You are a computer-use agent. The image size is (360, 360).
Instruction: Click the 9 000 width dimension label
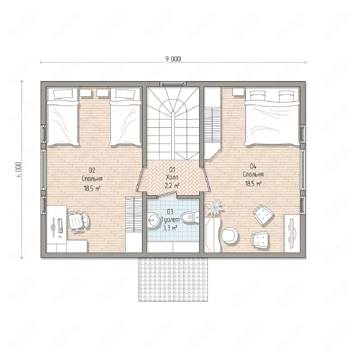tap(173, 59)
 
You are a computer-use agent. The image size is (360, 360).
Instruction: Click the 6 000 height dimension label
tap(19, 169)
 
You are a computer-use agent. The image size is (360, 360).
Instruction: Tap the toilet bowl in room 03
tap(189, 217)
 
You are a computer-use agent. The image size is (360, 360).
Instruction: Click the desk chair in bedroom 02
tap(79, 222)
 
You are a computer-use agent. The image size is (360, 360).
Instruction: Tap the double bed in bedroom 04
tap(272, 117)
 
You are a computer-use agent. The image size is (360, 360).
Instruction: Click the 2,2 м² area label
tap(172, 186)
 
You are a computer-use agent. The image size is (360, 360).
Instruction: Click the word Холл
tap(172, 177)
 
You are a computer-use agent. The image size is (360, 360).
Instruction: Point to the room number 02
tap(92, 170)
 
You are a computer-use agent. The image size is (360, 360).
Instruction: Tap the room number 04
tap(253, 166)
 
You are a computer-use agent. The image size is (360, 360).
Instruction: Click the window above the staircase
tap(173, 84)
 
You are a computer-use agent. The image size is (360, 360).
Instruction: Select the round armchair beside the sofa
tap(230, 235)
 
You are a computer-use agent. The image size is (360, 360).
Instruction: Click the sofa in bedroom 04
tap(213, 235)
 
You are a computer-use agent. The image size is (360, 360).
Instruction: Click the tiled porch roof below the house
tap(173, 280)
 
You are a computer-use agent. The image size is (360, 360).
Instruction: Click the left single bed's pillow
tap(63, 94)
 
